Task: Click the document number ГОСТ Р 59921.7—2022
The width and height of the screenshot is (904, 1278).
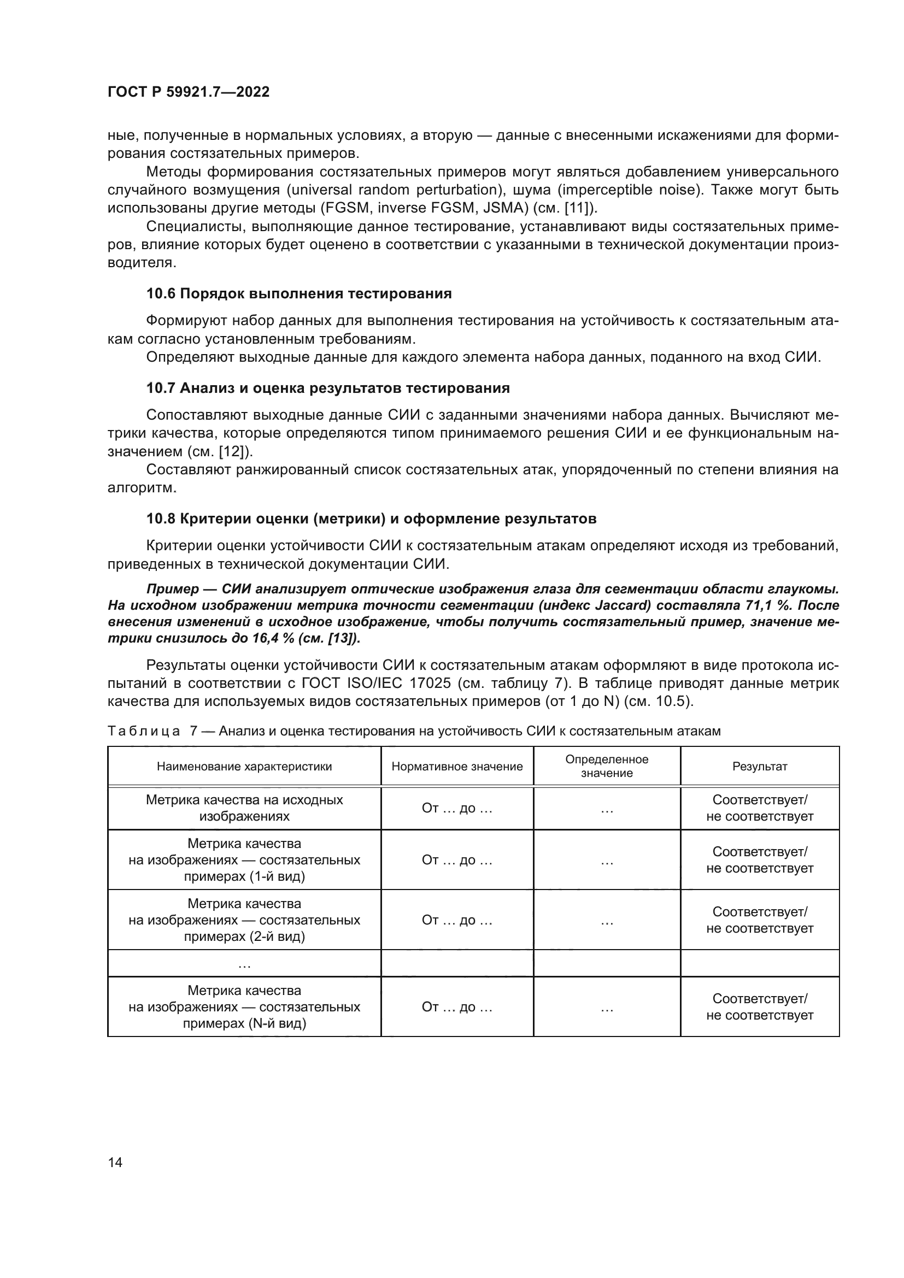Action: [x=188, y=92]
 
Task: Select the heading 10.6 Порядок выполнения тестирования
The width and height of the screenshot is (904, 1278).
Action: [x=299, y=293]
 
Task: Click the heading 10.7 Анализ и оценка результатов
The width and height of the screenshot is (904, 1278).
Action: [x=328, y=388]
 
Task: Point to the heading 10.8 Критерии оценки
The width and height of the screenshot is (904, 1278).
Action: [x=371, y=518]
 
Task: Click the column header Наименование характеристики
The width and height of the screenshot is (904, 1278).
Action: [x=244, y=767]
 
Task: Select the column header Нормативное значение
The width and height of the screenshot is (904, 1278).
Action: [x=457, y=767]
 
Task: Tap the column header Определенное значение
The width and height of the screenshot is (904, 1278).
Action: [x=607, y=766]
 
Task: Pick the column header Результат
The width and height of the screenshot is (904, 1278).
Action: [x=760, y=767]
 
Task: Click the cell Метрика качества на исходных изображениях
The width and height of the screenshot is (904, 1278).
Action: [x=244, y=808]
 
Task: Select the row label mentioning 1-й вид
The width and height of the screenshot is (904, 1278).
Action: [x=244, y=860]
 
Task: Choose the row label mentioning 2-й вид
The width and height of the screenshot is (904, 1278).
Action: [x=244, y=920]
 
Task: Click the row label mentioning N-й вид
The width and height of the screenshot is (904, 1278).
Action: [x=244, y=1007]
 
